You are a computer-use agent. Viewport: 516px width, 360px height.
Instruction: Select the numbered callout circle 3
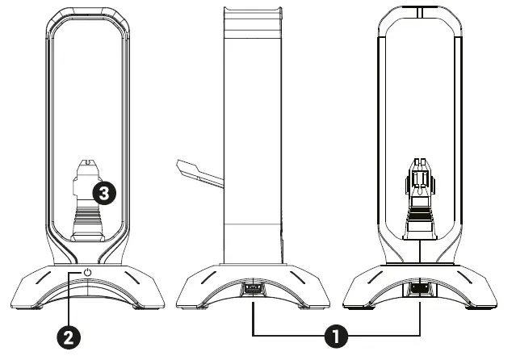pos(105,191)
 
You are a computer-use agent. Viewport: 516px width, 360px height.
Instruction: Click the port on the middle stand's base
pos(253,288)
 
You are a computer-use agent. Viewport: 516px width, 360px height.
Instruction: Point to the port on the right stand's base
pos(421,288)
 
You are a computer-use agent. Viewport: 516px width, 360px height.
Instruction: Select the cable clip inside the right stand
pos(421,202)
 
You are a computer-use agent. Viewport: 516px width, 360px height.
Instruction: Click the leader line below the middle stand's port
pos(253,315)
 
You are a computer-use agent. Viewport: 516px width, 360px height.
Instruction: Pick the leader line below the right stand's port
pos(421,315)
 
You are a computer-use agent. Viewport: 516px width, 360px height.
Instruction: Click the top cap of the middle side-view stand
pos(253,10)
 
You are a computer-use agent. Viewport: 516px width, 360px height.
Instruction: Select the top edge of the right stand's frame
pos(421,10)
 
